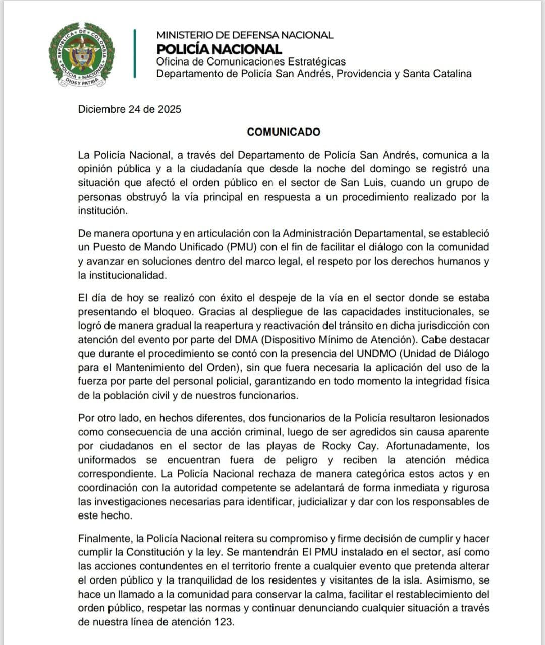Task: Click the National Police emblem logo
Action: [81, 55]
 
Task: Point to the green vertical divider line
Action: [135, 53]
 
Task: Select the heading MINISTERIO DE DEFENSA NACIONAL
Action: [245, 35]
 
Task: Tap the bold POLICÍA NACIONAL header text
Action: [219, 49]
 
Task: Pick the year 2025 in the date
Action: [169, 109]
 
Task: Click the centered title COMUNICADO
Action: [284, 132]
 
